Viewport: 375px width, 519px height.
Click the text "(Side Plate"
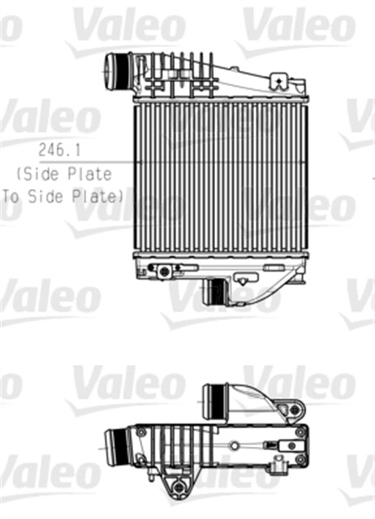(62, 174)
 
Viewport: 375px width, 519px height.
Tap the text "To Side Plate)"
(62, 195)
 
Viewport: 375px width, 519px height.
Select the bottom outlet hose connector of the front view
(215, 290)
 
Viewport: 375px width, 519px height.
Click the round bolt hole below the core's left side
(165, 271)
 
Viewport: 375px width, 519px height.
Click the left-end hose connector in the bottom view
(117, 445)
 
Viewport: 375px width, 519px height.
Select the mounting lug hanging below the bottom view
(175, 489)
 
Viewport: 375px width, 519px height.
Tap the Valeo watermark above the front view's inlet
(128, 27)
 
